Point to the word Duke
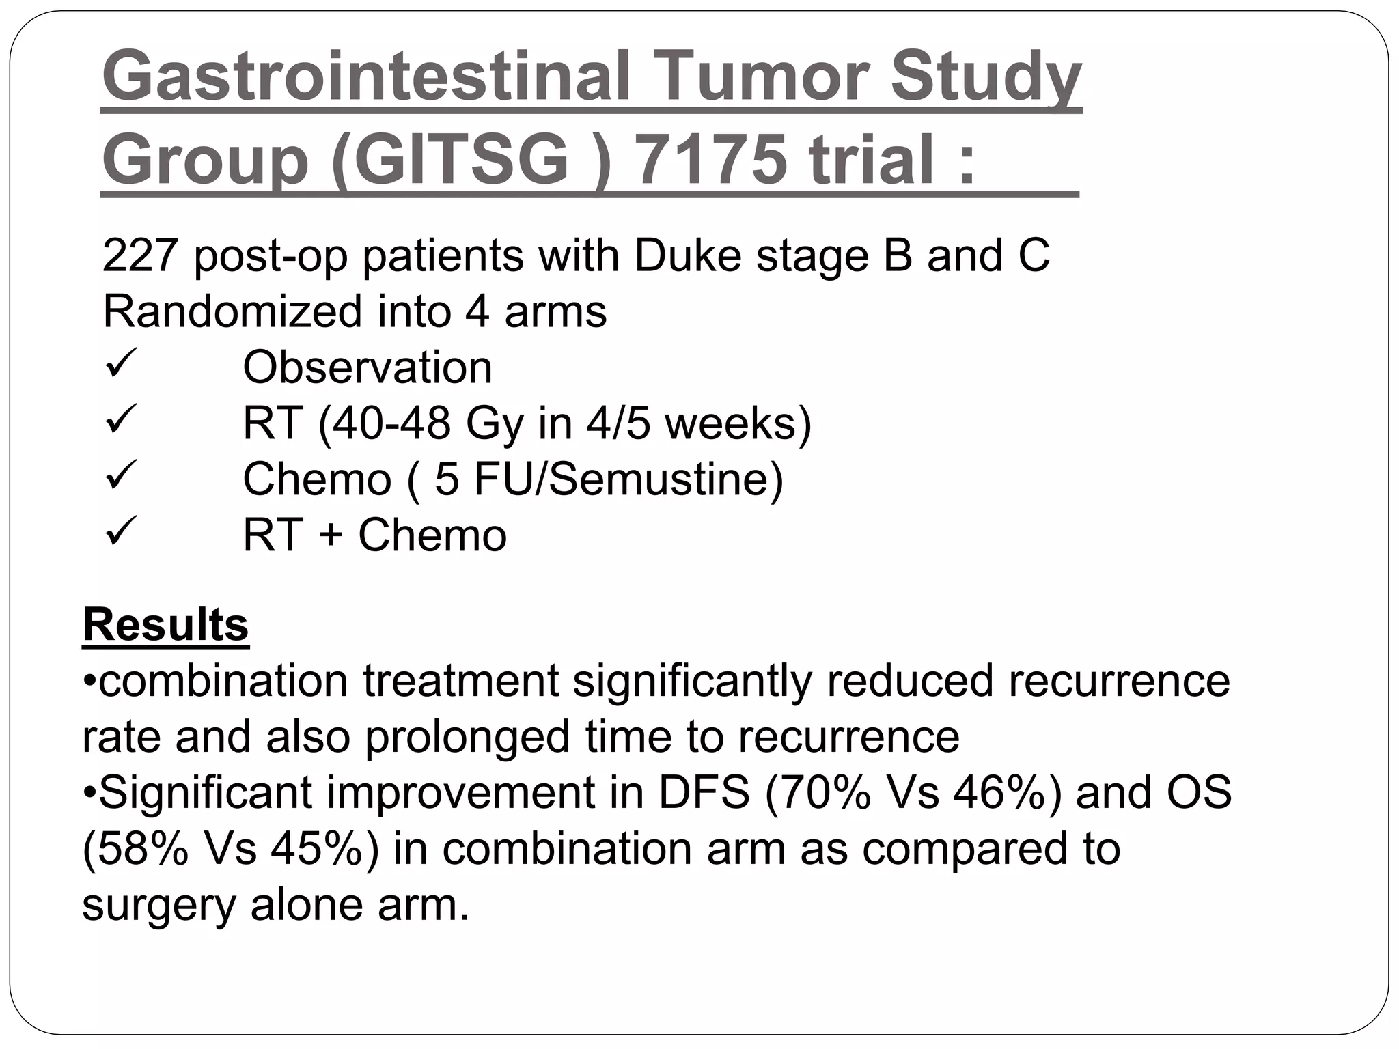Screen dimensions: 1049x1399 tap(687, 255)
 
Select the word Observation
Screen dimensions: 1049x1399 tap(368, 367)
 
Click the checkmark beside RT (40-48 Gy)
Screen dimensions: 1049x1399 tap(122, 419)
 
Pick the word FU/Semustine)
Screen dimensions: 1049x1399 tap(628, 479)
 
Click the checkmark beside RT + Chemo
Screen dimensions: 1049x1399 tap(122, 531)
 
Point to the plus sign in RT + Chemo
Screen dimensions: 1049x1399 tap(330, 535)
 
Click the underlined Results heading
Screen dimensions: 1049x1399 tap(165, 624)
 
